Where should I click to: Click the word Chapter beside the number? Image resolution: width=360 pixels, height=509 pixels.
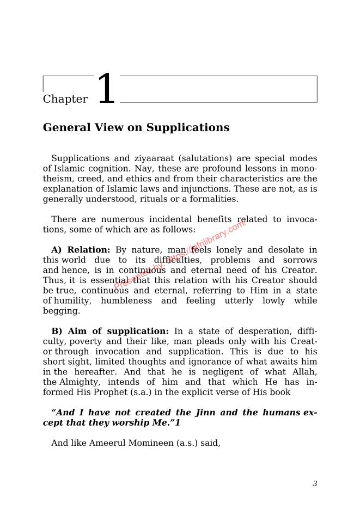[x=65, y=99]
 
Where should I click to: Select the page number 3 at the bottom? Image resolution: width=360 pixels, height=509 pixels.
[x=315, y=483]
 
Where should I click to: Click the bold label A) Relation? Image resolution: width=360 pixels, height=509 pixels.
[x=81, y=250]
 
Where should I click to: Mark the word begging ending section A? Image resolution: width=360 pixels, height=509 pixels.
[x=61, y=311]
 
